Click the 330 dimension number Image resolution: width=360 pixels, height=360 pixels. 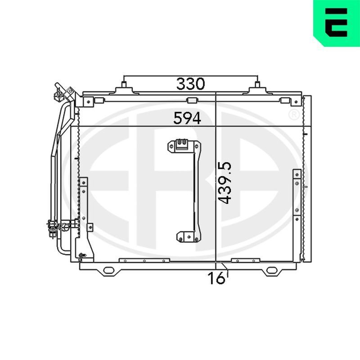(x=190, y=84)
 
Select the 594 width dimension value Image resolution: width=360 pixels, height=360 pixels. (x=187, y=118)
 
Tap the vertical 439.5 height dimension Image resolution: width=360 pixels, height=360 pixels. (x=225, y=183)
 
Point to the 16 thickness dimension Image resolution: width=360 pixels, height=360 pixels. (x=216, y=278)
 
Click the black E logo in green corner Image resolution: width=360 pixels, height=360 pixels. (x=336, y=22)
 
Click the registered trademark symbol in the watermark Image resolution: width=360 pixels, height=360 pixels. (x=294, y=115)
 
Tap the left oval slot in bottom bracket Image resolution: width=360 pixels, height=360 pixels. (x=108, y=270)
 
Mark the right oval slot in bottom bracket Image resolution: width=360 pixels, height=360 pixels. (x=272, y=270)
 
